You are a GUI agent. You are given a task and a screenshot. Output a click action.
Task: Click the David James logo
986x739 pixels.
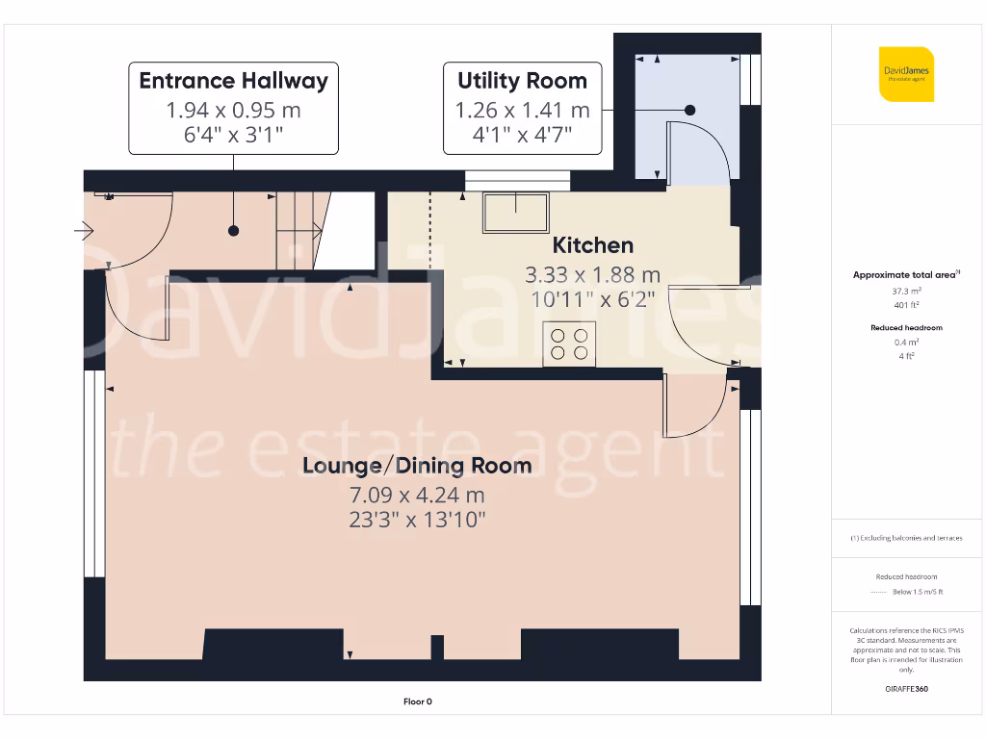click(906, 74)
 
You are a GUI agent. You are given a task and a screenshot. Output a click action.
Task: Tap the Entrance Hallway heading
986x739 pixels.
click(234, 80)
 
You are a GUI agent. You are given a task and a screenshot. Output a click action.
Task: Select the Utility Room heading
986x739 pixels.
click(522, 80)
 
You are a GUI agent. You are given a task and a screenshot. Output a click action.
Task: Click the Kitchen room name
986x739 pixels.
click(592, 245)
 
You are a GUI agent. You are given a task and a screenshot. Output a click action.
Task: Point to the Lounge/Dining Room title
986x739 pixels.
click(417, 466)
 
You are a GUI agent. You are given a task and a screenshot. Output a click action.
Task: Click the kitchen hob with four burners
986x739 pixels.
click(569, 344)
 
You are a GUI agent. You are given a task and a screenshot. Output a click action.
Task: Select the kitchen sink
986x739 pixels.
click(515, 211)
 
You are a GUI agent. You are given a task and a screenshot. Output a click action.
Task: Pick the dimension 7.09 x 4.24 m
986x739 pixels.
click(417, 496)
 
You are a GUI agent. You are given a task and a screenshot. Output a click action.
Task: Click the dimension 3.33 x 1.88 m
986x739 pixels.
click(592, 275)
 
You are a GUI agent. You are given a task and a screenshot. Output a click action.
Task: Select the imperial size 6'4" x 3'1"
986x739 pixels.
click(234, 135)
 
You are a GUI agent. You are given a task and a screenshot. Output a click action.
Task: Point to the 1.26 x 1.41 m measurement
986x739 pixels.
click(522, 110)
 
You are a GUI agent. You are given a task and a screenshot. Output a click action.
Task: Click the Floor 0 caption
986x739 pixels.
click(418, 701)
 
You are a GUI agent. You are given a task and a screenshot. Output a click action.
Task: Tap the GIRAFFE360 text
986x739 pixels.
click(906, 689)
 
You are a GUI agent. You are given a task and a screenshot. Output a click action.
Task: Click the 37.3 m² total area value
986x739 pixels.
click(906, 290)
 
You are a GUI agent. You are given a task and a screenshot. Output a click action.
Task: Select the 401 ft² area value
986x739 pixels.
click(906, 304)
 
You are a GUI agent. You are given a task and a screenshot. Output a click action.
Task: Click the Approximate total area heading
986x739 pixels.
click(905, 275)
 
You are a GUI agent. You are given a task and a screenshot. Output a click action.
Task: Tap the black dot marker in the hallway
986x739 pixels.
click(234, 231)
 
